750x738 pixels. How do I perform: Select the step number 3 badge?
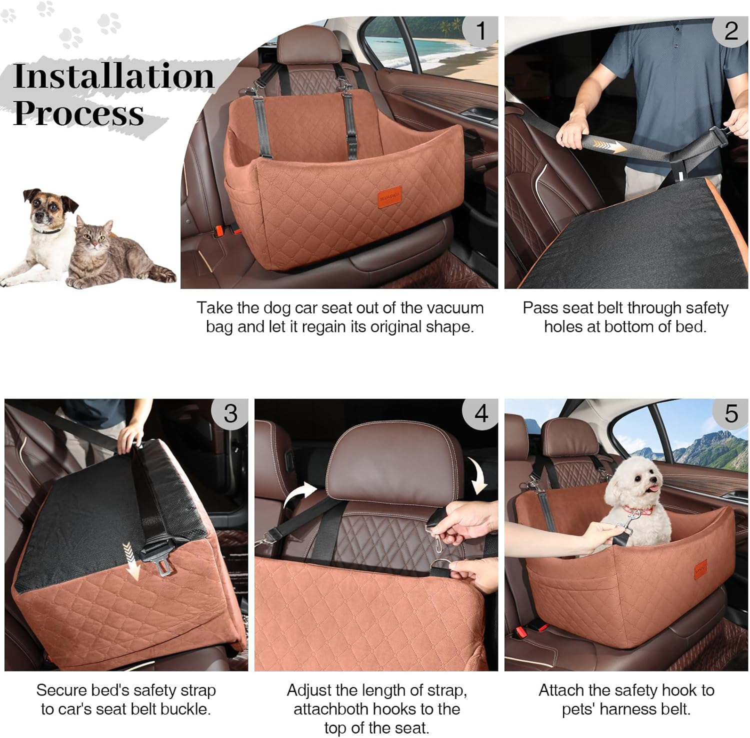pos(230,414)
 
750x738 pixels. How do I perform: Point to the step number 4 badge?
pos(480,414)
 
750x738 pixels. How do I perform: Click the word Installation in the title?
pos(114,76)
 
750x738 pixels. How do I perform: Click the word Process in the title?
pos(78,113)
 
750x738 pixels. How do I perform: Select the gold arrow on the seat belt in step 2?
pos(607,146)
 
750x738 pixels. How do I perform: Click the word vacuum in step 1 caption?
pos(453,308)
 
